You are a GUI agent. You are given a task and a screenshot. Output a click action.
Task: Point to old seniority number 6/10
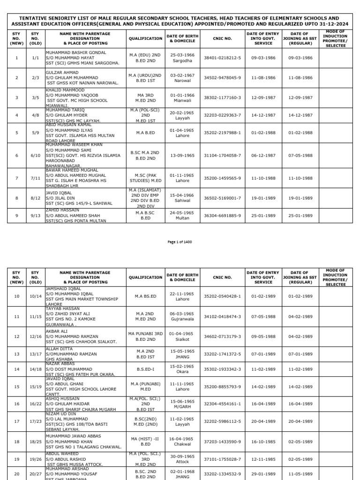pyautogui.click(x=35, y=156)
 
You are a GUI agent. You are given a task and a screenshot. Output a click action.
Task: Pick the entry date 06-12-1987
pyautogui.click(x=262, y=156)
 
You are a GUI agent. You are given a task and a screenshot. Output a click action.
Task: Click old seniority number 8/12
pyautogui.click(x=35, y=198)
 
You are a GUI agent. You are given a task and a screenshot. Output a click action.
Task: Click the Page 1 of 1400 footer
pyautogui.click(x=180, y=242)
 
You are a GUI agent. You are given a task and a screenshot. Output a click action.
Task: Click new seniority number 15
pyautogui.click(x=16, y=400)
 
